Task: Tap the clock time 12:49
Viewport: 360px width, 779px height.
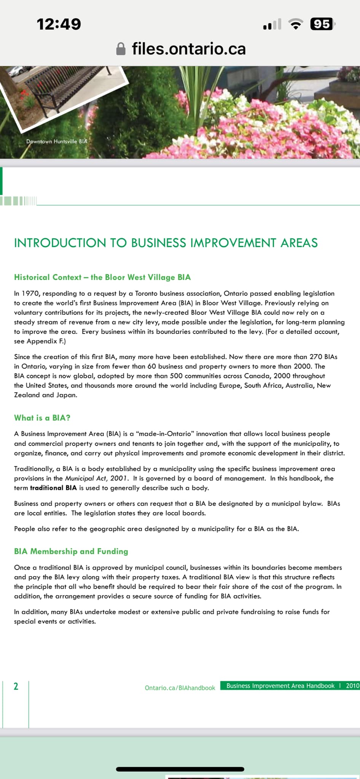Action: tap(59, 24)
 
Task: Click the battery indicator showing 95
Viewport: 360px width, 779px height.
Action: tap(322, 24)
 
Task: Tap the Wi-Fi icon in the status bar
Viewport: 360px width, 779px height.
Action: tap(296, 24)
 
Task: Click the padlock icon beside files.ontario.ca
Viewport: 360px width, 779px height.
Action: tap(121, 49)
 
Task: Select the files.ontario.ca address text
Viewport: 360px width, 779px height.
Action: tap(189, 49)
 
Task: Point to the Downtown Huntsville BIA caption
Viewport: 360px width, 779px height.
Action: tap(57, 141)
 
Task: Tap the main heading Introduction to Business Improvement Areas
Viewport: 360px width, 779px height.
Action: tap(166, 243)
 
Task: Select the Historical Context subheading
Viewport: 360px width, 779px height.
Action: tap(102, 277)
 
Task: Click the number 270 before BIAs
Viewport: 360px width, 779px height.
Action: tap(315, 357)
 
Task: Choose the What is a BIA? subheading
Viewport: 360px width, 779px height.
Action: tap(42, 418)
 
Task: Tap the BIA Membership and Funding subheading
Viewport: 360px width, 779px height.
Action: tap(71, 551)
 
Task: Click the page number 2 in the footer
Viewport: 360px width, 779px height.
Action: tap(16, 686)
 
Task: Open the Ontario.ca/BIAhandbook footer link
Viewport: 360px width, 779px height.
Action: tap(180, 688)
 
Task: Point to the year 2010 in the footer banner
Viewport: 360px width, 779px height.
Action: tap(352, 685)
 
